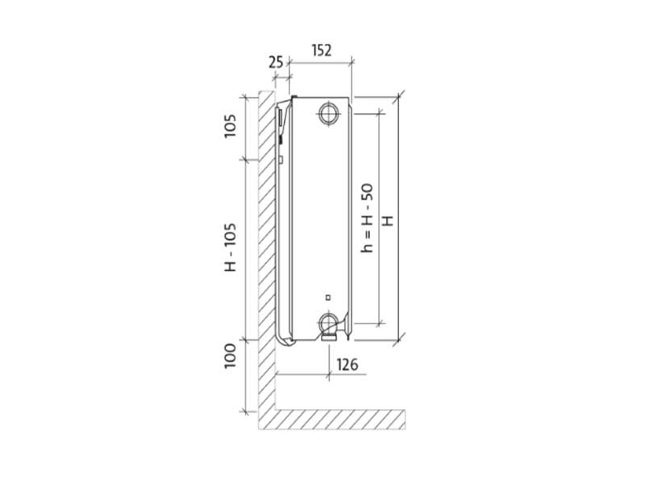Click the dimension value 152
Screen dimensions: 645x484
point(322,50)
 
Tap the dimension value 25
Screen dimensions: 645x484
point(276,63)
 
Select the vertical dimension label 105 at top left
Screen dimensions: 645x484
point(231,126)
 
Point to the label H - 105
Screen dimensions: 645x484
point(231,248)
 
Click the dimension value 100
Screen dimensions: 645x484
point(231,356)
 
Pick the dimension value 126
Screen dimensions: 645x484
point(347,365)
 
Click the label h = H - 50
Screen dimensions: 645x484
point(367,218)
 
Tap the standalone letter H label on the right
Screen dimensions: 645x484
point(388,220)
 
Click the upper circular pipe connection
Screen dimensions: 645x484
point(329,112)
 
